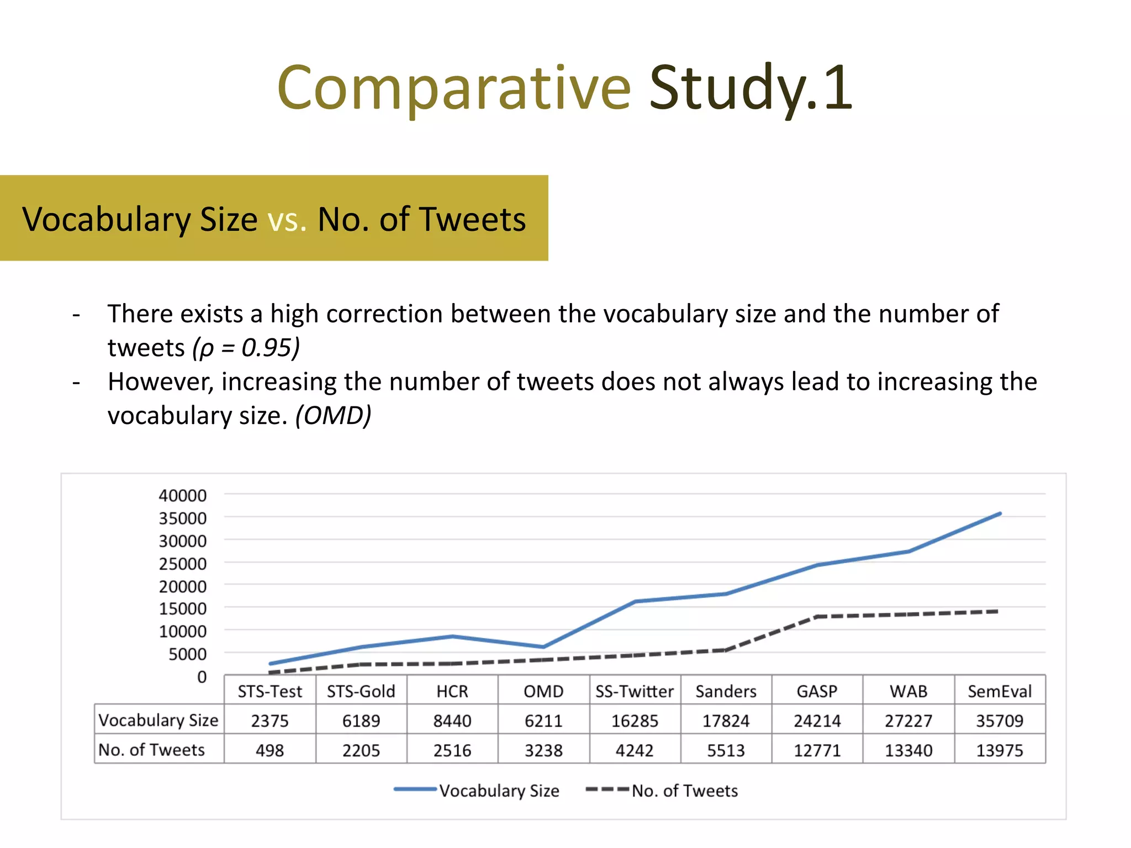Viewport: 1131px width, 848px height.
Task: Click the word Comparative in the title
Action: pos(453,88)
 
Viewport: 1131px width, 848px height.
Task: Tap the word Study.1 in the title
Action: pos(751,88)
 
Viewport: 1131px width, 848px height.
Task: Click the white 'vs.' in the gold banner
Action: pos(287,219)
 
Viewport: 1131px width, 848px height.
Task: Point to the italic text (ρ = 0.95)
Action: pos(246,348)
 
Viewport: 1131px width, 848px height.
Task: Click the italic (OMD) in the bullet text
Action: pos(333,416)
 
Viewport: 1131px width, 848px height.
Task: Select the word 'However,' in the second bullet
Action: pos(160,382)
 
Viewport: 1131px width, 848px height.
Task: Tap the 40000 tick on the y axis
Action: pos(182,495)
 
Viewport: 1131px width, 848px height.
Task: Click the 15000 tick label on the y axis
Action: pos(182,608)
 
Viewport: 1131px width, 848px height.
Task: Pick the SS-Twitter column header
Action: pos(635,691)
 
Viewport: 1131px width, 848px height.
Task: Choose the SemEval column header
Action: pos(1000,691)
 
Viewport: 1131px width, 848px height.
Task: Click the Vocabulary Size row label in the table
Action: pos(158,720)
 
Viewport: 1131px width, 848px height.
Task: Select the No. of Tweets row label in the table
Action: pos(152,750)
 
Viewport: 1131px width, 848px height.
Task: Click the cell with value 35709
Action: pos(1000,720)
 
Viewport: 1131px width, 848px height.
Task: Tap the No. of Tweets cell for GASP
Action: pos(817,750)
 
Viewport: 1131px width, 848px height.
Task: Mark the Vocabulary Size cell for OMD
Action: pos(543,720)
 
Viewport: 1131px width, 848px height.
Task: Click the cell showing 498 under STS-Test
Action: pos(269,750)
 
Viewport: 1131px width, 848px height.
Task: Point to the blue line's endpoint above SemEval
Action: pos(1000,514)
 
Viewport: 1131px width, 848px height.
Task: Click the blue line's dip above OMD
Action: pos(543,646)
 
